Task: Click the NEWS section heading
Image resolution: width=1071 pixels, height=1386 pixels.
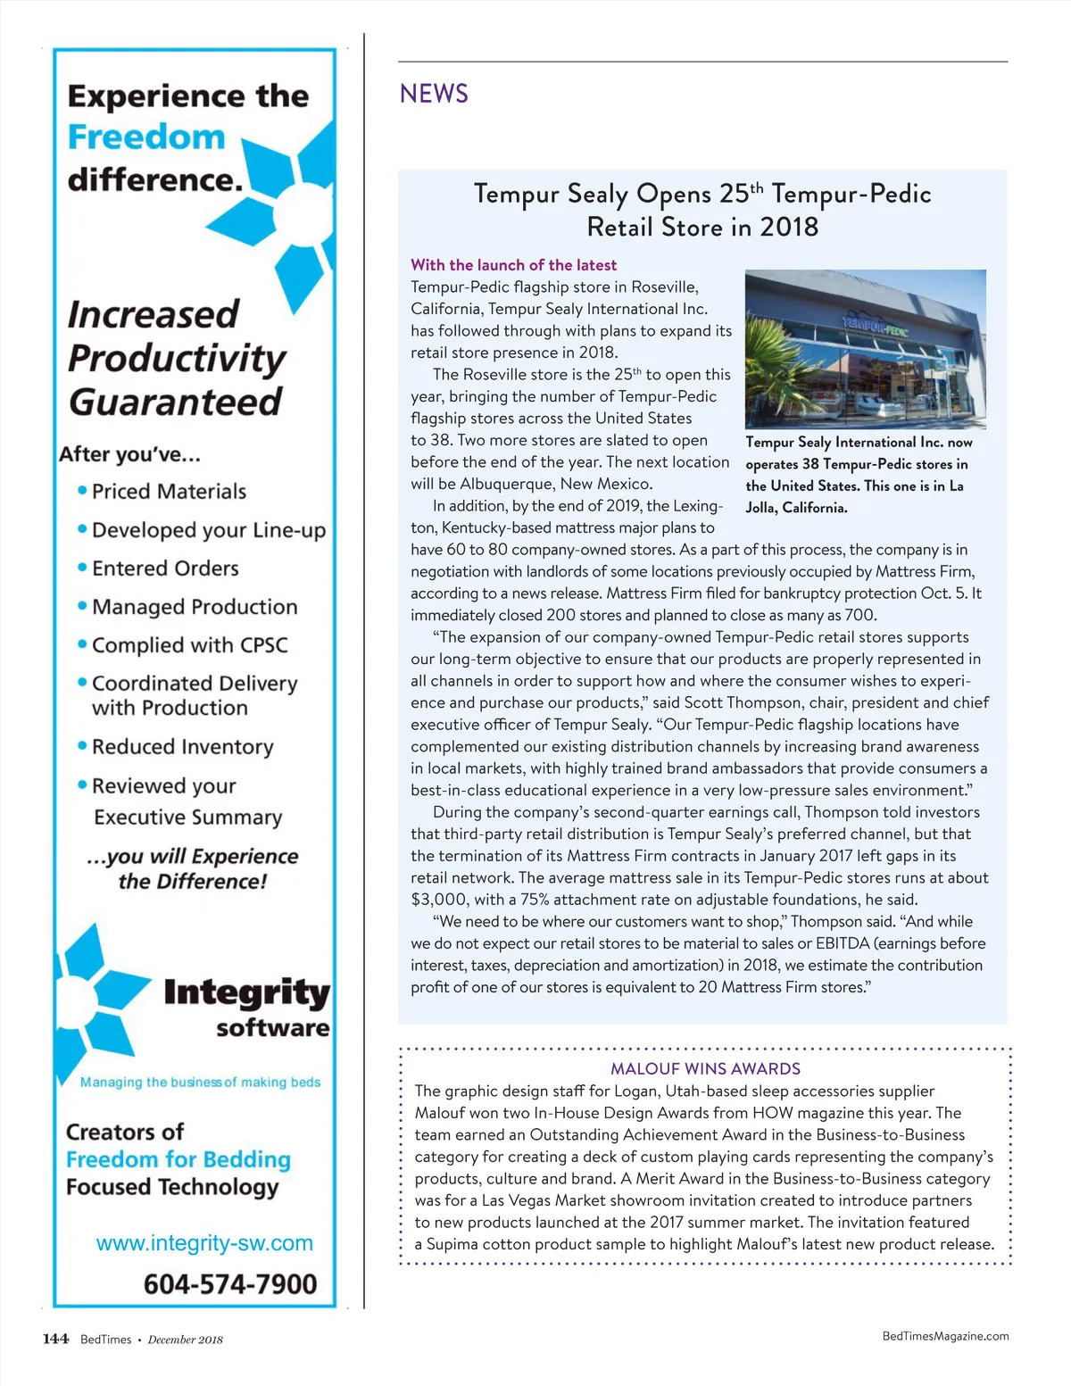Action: pyautogui.click(x=434, y=94)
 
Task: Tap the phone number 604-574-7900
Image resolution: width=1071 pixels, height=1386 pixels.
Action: pyautogui.click(x=230, y=1284)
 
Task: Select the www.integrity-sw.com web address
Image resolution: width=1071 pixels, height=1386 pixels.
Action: pyautogui.click(x=204, y=1243)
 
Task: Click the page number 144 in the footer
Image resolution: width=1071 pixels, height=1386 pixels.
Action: pyautogui.click(x=55, y=1339)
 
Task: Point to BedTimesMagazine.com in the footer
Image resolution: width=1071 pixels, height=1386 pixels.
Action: pyautogui.click(x=945, y=1336)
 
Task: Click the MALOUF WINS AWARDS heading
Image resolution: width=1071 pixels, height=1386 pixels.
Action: pyautogui.click(x=705, y=1068)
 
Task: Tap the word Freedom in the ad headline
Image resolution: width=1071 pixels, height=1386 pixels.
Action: pyautogui.click(x=146, y=137)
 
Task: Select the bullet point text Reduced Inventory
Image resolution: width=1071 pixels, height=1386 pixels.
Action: pyautogui.click(x=182, y=747)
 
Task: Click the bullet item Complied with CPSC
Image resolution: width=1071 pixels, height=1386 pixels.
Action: pyautogui.click(x=189, y=645)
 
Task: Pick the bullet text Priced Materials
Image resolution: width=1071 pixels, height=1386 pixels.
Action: pyautogui.click(x=169, y=492)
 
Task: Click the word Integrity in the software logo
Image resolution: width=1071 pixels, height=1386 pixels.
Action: pyautogui.click(x=246, y=992)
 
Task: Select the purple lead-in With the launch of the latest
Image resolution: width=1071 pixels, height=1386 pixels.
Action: pyautogui.click(x=513, y=265)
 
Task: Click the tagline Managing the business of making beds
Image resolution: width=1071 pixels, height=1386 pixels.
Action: pyautogui.click(x=200, y=1082)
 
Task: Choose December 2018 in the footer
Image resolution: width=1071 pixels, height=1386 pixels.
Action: pyautogui.click(x=186, y=1340)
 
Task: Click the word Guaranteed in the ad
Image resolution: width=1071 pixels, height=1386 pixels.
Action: pyautogui.click(x=176, y=402)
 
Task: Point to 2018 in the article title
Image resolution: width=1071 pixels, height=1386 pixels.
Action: pyautogui.click(x=789, y=227)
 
